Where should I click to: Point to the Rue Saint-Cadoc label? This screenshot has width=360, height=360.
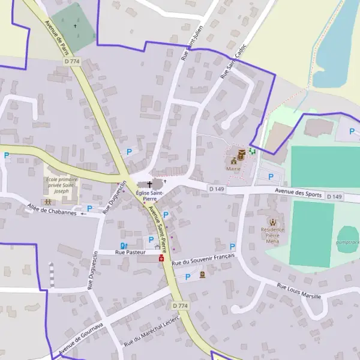[x=233, y=61]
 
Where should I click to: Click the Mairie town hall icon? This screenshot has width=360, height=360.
[x=233, y=161]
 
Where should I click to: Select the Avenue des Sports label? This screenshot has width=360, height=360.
[x=298, y=193]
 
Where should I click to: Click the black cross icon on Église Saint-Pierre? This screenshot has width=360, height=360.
[x=149, y=185]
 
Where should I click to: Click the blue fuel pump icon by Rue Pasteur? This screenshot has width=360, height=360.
[x=124, y=245]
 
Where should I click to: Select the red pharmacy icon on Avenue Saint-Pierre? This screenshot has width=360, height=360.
[x=161, y=258]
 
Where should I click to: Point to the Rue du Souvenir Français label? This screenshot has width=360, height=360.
[x=202, y=259]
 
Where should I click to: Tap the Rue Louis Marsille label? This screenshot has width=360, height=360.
[x=299, y=291]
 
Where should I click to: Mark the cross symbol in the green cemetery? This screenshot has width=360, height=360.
[x=76, y=26]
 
